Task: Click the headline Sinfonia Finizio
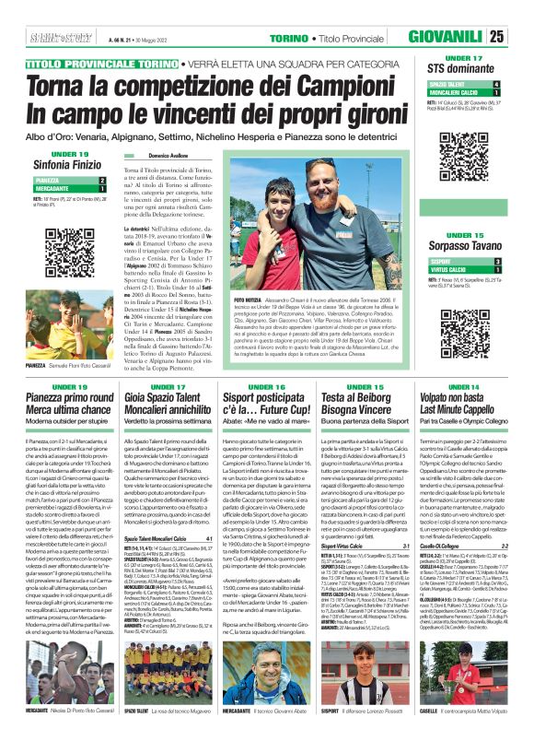coord(59,162)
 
